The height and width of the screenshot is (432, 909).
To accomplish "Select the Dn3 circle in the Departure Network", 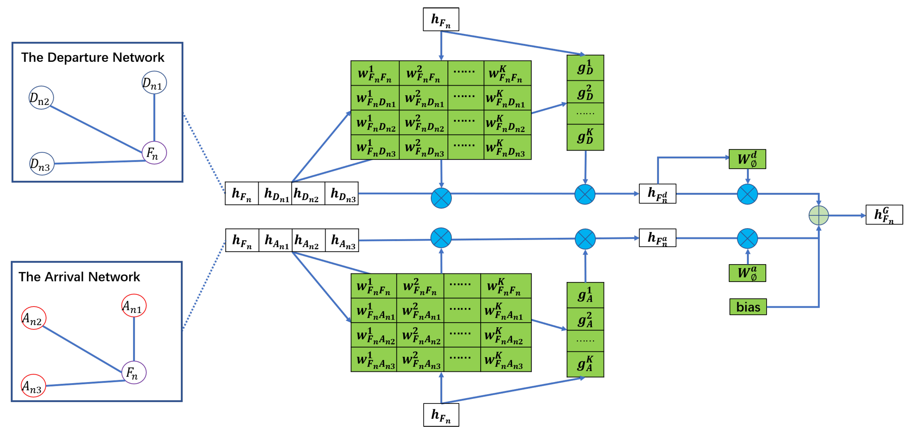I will tap(42, 164).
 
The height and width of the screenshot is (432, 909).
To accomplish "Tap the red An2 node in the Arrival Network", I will tap(33, 318).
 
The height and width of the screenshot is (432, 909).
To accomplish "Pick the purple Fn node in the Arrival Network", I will tap(134, 372).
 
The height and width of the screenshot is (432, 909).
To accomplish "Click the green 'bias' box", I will tap(748, 307).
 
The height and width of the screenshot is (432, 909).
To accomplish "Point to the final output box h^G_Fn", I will tap(884, 215).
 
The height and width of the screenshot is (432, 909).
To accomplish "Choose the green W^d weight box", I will tap(747, 159).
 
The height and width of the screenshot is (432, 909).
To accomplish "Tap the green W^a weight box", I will tap(747, 273).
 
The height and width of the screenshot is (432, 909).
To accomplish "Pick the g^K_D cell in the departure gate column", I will tap(585, 137).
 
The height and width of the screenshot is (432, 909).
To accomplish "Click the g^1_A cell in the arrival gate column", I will tap(585, 295).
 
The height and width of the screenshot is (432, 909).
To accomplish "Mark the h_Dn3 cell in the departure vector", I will tap(342, 194).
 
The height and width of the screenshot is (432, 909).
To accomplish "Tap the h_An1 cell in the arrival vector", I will tap(275, 241).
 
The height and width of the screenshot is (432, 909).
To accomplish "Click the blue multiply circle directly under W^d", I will tap(747, 194).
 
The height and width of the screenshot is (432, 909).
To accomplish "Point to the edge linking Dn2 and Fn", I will tap(95, 129).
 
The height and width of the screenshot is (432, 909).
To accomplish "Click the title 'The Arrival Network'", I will tap(79, 277).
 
